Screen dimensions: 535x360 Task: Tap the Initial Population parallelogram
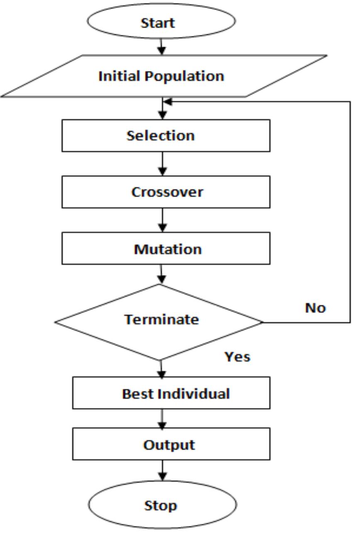162,76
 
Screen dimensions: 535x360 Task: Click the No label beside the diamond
316,308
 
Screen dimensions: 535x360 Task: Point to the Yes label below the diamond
238,357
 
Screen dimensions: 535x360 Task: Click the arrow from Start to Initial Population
162,46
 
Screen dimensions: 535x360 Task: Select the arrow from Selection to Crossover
162,164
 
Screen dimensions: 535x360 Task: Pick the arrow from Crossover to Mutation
162,220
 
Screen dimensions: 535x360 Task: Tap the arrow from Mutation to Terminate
162,274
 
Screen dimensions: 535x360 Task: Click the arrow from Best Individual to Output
162,419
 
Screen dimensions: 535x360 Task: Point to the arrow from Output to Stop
162,470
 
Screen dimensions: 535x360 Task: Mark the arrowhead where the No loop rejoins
167,101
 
